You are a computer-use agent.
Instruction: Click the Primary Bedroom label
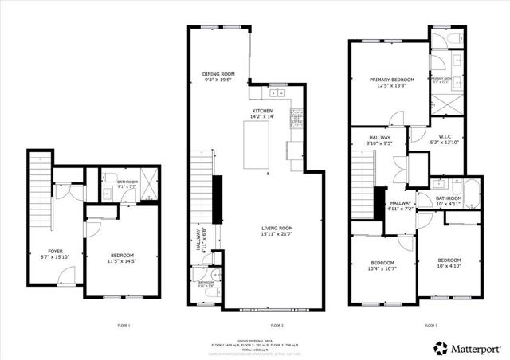[392, 83]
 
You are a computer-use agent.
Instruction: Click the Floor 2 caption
[277, 325]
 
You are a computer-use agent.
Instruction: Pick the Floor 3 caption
[430, 325]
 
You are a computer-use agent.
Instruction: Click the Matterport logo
[467, 348]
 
